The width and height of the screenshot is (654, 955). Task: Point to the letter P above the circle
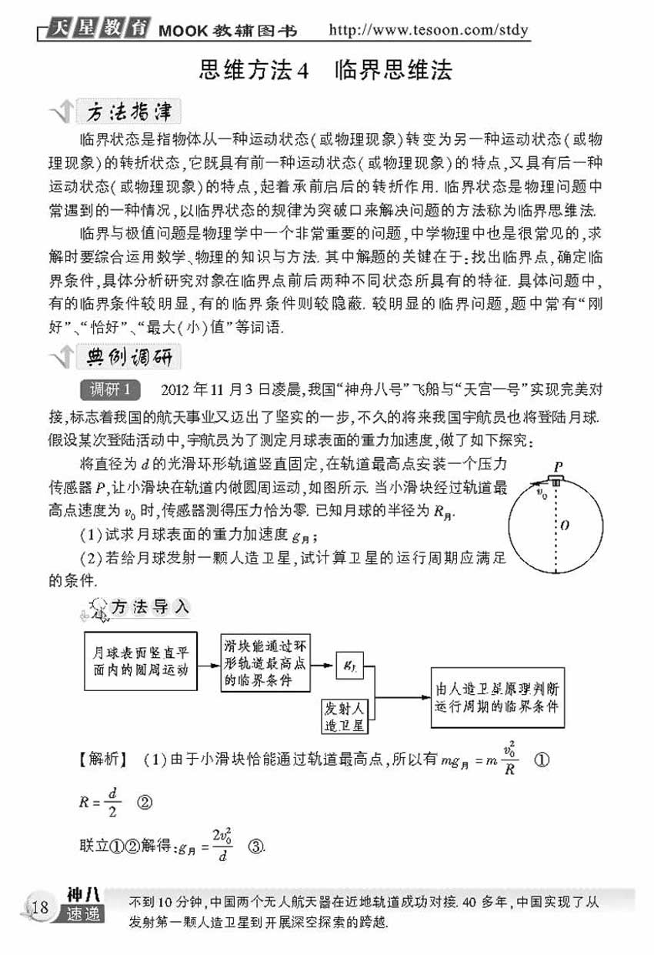coord(557,466)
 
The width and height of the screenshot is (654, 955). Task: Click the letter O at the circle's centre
coord(564,526)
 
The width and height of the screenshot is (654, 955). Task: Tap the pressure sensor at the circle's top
coord(556,481)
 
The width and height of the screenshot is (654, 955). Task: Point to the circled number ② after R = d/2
coord(142,801)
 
